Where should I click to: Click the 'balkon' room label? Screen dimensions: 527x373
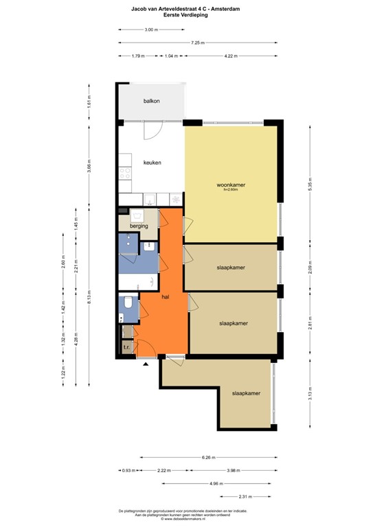[x=152, y=102]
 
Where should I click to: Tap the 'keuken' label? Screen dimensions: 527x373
[x=152, y=163]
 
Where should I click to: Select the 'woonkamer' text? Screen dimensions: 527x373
[x=231, y=185]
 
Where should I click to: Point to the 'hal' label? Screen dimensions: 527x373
[x=166, y=297]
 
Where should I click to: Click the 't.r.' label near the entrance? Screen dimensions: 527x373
[x=126, y=348]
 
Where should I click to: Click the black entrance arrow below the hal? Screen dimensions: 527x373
[x=145, y=364]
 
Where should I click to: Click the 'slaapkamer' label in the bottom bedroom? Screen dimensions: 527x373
[x=245, y=393]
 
